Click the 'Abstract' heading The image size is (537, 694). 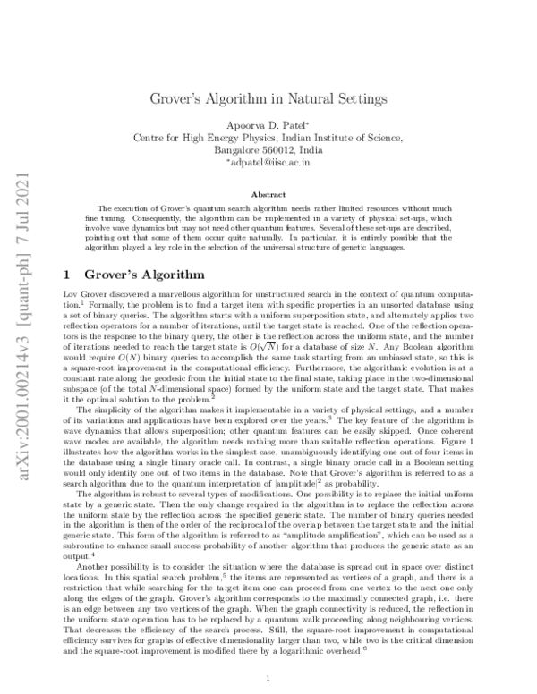point(268,193)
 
